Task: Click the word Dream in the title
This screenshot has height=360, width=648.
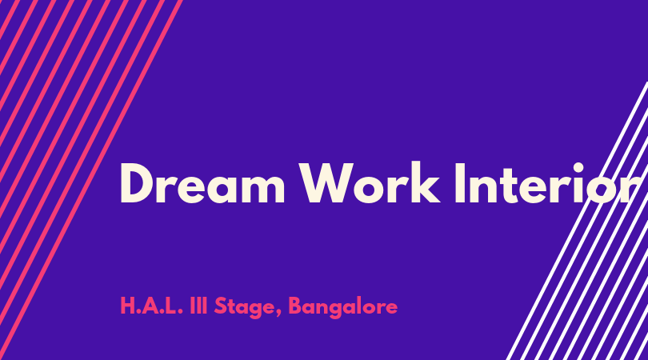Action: (202, 183)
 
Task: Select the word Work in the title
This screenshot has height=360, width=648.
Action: (370, 182)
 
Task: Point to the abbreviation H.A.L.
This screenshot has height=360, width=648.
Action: (151, 306)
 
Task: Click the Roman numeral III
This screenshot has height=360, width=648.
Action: (198, 306)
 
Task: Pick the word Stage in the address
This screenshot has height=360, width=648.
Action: (245, 307)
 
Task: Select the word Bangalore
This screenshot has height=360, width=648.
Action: (342, 307)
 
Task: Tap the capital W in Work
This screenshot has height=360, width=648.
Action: (327, 183)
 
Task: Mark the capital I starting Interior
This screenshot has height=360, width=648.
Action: (460, 183)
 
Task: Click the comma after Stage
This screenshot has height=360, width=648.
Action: (278, 313)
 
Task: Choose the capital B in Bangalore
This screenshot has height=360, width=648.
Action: (295, 306)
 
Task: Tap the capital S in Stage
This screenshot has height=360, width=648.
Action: (221, 306)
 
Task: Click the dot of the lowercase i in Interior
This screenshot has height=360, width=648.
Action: (578, 168)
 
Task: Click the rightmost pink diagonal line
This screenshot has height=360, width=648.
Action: (90, 180)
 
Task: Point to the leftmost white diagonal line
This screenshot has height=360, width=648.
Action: (578, 221)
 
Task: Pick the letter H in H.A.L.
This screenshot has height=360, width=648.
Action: (127, 306)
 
